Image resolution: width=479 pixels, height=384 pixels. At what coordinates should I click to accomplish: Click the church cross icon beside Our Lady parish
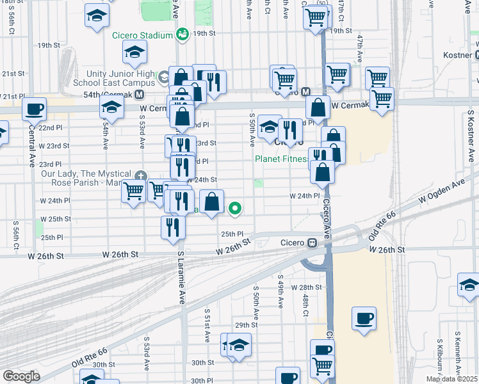[x=140, y=175]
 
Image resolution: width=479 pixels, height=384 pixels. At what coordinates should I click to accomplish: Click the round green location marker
[x=236, y=207]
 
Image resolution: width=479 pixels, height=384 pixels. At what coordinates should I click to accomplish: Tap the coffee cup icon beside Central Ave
[x=34, y=109]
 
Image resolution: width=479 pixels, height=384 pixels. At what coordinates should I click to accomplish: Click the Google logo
[x=21, y=376]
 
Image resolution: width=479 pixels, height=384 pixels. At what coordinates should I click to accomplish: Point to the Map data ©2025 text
[x=451, y=379]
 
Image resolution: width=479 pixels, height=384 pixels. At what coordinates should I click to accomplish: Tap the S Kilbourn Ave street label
[x=440, y=356]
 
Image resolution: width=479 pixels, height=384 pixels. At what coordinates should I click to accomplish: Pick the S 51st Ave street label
[x=207, y=320]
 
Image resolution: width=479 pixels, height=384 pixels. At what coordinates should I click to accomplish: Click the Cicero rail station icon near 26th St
[x=313, y=243]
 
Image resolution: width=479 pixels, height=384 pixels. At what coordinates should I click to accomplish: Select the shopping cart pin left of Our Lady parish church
[x=134, y=190]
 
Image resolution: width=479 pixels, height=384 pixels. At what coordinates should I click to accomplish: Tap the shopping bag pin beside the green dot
[x=211, y=202]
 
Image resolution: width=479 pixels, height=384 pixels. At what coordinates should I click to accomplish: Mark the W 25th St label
[x=55, y=219]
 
